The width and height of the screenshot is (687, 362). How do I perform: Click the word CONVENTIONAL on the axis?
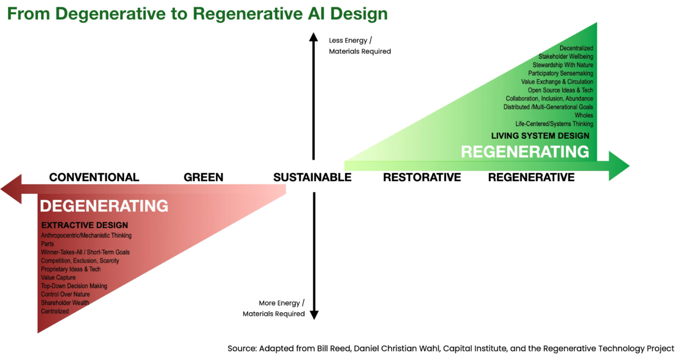point(94,177)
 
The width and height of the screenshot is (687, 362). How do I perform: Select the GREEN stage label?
point(204,177)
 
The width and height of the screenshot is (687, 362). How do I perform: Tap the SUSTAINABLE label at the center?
point(313,177)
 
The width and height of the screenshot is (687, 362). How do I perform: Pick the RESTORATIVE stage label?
point(422,177)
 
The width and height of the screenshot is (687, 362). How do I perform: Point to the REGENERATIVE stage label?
point(531,177)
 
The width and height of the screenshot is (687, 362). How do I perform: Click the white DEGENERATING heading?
point(104,206)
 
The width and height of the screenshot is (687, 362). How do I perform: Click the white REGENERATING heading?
point(525,152)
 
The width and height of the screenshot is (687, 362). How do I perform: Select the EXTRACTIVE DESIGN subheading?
point(85,225)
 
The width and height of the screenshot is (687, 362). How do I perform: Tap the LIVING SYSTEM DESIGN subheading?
point(540,136)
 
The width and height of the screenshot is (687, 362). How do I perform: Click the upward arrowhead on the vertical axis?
point(313,37)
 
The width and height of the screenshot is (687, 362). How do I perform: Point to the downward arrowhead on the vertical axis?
point(314,315)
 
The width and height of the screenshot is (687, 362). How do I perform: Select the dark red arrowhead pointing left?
point(11,189)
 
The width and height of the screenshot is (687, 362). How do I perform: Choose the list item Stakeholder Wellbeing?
point(566,57)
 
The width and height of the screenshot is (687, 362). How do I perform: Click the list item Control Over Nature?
point(65,294)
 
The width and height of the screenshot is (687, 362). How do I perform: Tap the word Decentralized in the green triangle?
point(576,48)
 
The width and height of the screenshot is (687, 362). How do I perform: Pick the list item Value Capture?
point(58,277)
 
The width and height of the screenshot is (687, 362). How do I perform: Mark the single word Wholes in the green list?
point(584,115)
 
